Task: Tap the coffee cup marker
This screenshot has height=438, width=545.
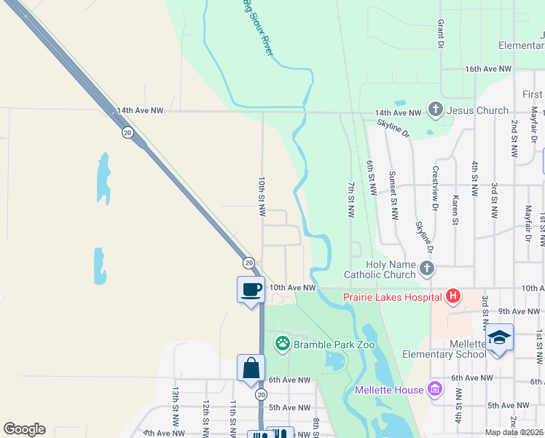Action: tap(251, 290)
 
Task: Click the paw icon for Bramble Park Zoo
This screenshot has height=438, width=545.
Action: tap(282, 343)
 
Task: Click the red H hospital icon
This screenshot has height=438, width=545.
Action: tap(453, 296)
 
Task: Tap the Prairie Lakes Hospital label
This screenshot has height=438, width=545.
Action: tap(399, 296)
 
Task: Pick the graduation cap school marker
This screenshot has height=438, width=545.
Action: tap(500, 337)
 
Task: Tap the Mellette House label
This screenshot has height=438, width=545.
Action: tap(388, 390)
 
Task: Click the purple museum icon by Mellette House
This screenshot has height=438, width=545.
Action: tap(435, 388)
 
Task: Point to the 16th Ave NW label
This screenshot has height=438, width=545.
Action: tap(490, 69)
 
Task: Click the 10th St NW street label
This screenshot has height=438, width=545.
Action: tap(262, 196)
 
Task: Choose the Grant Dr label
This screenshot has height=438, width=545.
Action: tap(441, 34)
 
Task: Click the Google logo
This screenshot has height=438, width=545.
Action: tap(24, 429)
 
